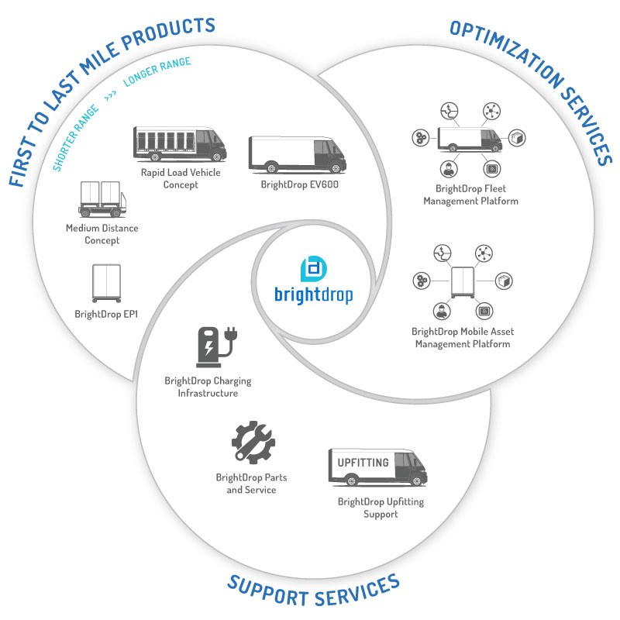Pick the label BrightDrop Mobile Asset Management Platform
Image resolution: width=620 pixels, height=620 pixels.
tap(463, 337)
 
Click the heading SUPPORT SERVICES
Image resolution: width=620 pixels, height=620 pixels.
tap(314, 591)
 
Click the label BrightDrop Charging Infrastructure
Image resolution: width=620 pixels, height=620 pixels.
tap(208, 387)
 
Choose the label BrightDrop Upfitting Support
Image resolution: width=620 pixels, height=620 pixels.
tap(381, 508)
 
